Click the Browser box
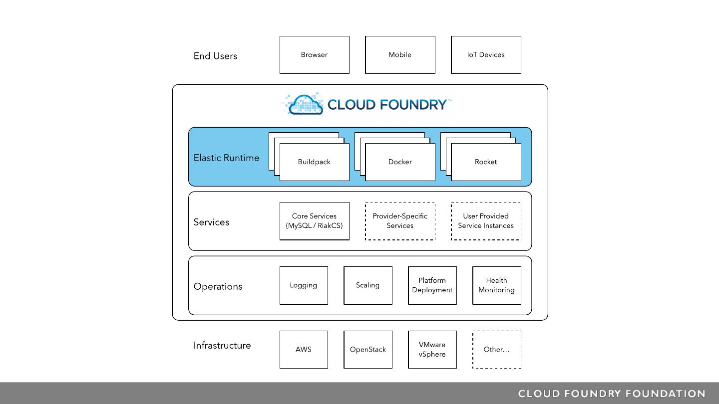click(x=314, y=55)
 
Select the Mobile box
click(x=400, y=55)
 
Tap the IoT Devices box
click(x=486, y=55)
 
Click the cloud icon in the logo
click(x=305, y=104)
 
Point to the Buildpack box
click(x=314, y=162)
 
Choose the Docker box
click(x=400, y=162)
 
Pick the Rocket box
click(x=486, y=162)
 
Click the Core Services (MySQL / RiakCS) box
click(x=314, y=221)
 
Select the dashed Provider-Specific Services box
click(x=400, y=221)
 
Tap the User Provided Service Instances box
click(x=486, y=221)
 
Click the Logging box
click(x=304, y=285)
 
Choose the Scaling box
click(x=367, y=285)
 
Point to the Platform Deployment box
click(x=432, y=285)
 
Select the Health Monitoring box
click(x=496, y=285)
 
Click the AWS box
click(x=304, y=350)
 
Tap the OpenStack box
click(x=367, y=350)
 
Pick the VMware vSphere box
click(x=432, y=350)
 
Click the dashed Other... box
click(x=496, y=350)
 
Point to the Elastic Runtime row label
click(x=226, y=158)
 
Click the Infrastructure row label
click(x=222, y=346)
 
